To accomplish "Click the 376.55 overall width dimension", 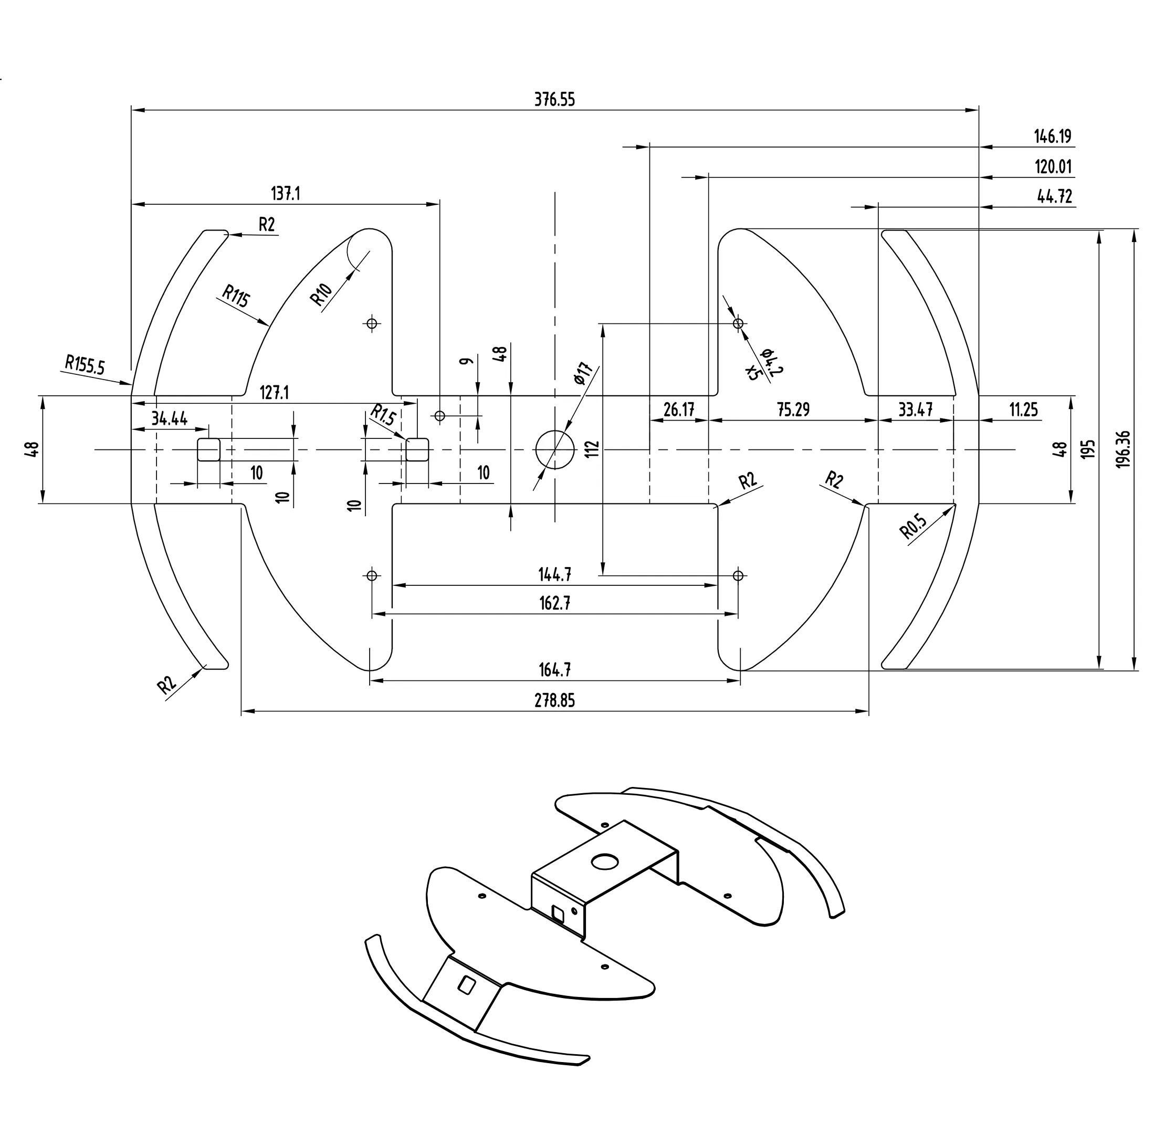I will (554, 100).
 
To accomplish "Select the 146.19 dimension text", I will (1053, 136).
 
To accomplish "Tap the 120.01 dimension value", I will (1053, 166).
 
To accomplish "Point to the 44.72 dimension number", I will (1054, 196).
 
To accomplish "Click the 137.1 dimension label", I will (286, 194).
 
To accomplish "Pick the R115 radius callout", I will (236, 296).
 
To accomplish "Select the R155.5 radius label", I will (85, 364).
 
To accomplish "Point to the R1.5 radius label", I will (382, 414).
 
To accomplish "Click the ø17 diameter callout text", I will (582, 373).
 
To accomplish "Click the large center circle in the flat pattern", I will (554, 449).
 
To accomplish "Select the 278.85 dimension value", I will (554, 700).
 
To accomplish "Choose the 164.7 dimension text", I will (554, 669).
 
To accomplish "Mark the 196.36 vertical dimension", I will (1124, 449).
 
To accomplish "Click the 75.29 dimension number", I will (793, 409).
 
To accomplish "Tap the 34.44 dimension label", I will (169, 418).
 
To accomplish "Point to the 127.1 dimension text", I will (274, 393).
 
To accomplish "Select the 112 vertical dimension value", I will (593, 449).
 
